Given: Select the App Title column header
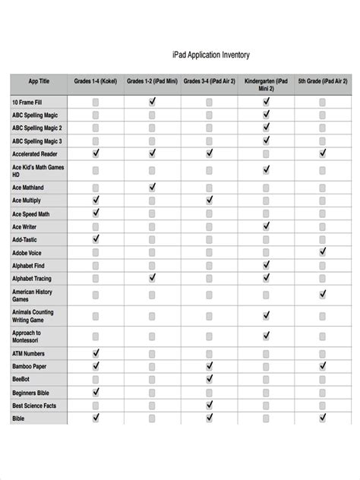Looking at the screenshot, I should (39, 81).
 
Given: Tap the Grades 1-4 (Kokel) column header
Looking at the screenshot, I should (96, 81).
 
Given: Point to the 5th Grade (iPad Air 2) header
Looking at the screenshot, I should (323, 81).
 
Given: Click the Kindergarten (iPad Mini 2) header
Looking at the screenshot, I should (266, 84).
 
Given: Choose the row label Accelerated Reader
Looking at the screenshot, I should (35, 153).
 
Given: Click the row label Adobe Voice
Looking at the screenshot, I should (27, 253).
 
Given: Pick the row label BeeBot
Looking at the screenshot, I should (21, 379).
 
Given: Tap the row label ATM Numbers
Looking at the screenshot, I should (29, 353).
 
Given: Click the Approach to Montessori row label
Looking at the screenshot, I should (27, 336).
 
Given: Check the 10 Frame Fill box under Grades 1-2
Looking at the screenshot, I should (153, 101).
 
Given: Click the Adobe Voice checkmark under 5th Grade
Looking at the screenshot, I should (323, 251).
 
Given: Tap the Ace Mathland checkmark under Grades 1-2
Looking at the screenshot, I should (153, 187).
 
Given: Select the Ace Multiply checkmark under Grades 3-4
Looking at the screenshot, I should (210, 200).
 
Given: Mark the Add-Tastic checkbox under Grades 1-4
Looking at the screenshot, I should (96, 239).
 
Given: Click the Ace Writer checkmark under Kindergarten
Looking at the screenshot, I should (267, 226).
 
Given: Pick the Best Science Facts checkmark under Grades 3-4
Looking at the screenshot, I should (210, 405).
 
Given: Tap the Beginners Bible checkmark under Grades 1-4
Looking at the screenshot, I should (96, 392).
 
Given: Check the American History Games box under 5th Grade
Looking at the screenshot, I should (323, 294).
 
